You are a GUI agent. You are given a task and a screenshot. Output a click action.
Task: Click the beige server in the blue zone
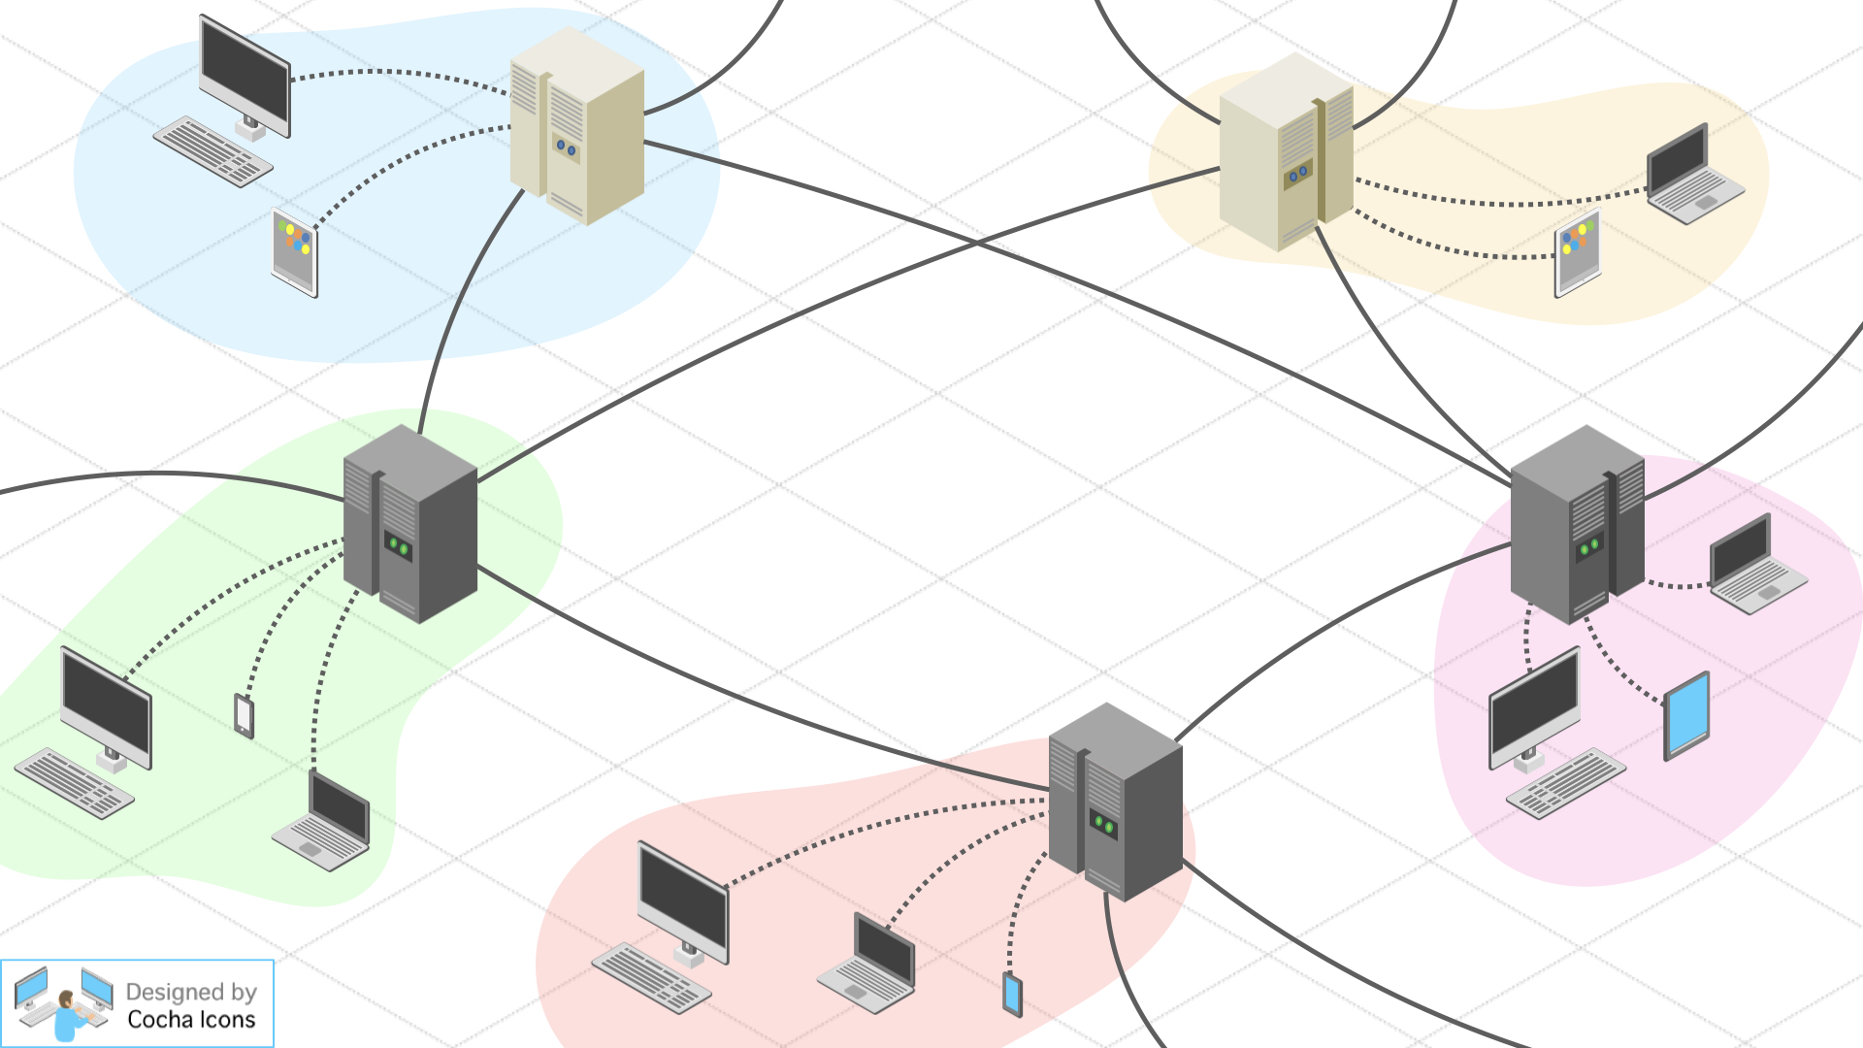576,126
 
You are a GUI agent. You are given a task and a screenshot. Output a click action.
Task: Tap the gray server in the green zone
409,524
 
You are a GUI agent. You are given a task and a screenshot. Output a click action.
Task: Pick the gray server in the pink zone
1577,524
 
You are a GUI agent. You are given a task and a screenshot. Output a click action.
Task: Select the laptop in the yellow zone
1693,175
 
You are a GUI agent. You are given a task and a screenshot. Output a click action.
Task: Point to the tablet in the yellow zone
1577,252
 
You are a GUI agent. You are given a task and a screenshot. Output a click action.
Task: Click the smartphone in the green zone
244,715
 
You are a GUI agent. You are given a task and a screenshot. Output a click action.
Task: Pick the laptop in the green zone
323,823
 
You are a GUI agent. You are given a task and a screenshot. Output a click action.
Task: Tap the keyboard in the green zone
74,783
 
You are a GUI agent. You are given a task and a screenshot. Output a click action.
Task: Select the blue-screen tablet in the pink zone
1686,715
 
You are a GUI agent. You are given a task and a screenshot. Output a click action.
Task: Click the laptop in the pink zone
1756,565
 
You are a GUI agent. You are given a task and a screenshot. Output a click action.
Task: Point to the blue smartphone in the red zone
1012,995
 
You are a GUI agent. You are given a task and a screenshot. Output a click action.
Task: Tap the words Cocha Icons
191,1020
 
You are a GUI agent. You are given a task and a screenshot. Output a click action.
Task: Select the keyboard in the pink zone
1565,783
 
